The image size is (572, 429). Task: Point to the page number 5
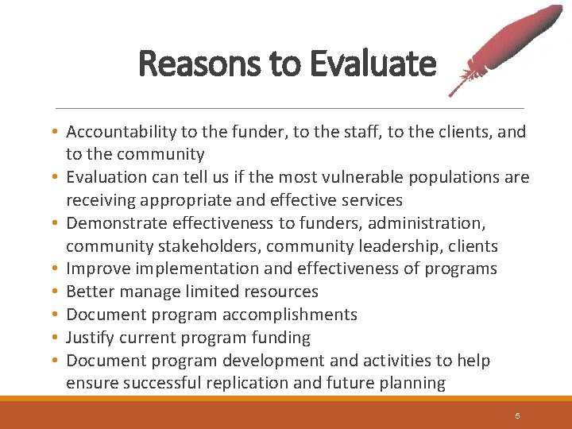pos(517,415)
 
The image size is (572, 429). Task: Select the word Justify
pos(90,338)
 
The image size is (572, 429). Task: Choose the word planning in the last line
pos(414,383)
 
